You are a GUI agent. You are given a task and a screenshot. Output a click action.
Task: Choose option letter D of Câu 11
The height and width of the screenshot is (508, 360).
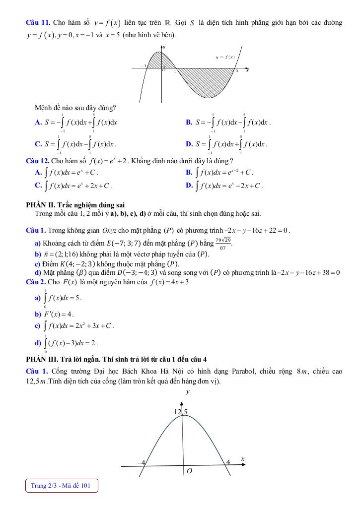click(189, 144)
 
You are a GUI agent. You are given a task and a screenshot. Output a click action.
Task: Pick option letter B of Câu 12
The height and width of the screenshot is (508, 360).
click(189, 173)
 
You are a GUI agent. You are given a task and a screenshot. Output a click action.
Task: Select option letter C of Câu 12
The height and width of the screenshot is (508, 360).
click(38, 186)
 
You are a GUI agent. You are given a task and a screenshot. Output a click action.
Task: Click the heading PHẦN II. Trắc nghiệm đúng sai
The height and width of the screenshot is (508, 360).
click(75, 204)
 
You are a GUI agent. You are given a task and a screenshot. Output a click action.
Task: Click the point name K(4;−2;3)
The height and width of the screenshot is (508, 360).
click(76, 264)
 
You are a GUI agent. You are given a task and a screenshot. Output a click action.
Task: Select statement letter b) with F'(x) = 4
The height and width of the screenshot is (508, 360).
click(38, 314)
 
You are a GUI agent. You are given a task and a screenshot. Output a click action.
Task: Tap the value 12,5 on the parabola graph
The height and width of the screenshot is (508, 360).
click(181, 412)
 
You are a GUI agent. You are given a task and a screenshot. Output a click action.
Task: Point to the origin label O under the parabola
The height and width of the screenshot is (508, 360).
click(189, 470)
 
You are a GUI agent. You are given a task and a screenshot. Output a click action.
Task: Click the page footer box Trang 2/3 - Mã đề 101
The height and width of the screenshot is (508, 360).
click(61, 486)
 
